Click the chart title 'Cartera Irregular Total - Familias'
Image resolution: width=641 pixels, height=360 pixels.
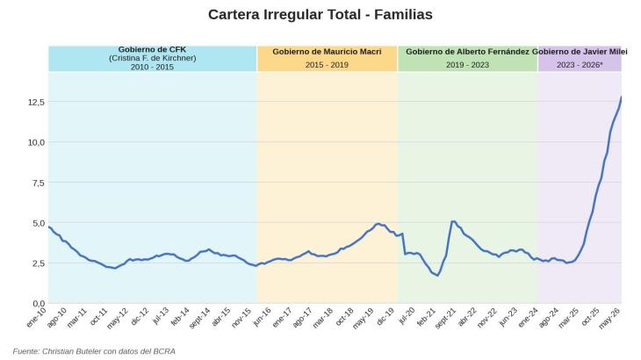tap(320, 15)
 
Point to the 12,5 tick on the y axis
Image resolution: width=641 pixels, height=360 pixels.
tap(36, 102)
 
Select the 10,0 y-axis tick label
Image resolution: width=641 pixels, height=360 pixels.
tap(36, 142)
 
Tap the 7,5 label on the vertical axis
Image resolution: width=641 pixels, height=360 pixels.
tap(38, 183)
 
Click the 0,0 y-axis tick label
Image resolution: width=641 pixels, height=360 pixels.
tap(39, 304)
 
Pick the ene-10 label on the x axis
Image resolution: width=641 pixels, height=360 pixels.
tap(36, 317)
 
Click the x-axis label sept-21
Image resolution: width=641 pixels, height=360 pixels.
tap(445, 318)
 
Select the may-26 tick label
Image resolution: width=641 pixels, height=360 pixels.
tap(609, 318)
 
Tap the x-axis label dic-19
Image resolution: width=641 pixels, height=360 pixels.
tap(385, 317)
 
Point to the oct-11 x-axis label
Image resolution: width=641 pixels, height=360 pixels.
tap(98, 317)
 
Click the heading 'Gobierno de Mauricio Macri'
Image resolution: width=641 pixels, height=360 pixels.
tap(327, 52)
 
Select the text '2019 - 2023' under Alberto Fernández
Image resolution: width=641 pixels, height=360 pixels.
tap(467, 65)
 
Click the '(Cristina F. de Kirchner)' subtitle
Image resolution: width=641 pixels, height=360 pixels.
tap(152, 58)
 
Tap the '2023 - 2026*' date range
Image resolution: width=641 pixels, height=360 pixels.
tap(580, 65)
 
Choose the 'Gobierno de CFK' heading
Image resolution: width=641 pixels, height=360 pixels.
tap(152, 49)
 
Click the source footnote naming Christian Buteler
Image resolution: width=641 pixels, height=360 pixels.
tap(94, 351)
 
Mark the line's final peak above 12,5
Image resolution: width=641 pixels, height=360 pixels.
tap(622, 97)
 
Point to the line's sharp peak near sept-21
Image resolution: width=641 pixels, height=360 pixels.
tap(453, 221)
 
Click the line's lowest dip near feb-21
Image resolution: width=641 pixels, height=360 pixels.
tap(437, 276)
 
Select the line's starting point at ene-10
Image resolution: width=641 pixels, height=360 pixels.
tap(49, 227)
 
